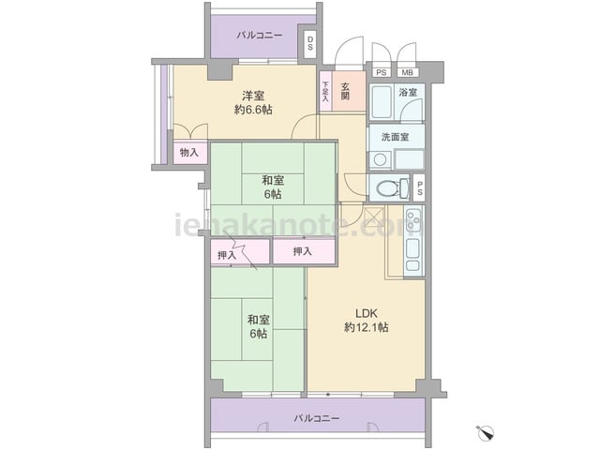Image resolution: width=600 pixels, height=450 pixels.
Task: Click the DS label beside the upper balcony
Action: (x=310, y=43)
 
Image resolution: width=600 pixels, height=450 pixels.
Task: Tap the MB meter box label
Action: (x=407, y=72)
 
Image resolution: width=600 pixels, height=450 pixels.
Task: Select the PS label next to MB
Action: (x=382, y=72)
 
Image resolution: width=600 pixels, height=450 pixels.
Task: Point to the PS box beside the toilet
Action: (x=420, y=187)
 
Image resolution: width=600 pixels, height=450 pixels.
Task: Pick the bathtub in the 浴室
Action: (x=382, y=102)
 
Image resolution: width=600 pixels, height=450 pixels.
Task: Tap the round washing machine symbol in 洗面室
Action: (x=380, y=160)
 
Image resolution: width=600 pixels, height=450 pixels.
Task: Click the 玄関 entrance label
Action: (x=346, y=91)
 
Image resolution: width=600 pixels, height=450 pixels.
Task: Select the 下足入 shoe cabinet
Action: (x=325, y=92)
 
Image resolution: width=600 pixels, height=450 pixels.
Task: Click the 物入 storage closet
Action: (x=189, y=153)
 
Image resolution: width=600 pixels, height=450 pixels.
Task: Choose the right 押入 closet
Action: (x=304, y=251)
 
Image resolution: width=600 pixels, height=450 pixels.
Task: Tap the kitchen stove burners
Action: (x=413, y=220)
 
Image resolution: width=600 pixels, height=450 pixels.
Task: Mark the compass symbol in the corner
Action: (x=486, y=432)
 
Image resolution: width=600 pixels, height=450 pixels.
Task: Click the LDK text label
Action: (x=367, y=314)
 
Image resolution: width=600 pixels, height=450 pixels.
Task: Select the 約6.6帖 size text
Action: (x=253, y=111)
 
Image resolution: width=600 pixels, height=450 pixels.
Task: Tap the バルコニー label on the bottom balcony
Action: (x=317, y=418)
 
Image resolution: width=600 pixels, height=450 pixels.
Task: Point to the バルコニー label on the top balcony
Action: (x=260, y=36)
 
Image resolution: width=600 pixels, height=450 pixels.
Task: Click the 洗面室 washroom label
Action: (x=396, y=137)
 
